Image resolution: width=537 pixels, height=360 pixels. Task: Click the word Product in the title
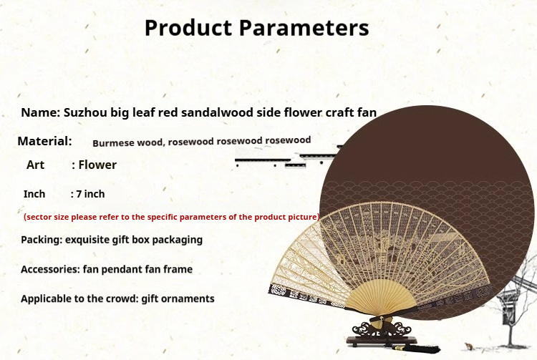(x=188, y=28)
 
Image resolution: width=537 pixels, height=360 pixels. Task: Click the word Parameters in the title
(x=304, y=28)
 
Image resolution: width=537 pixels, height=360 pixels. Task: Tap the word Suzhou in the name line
(x=85, y=112)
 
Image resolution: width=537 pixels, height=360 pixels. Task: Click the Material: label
(x=45, y=141)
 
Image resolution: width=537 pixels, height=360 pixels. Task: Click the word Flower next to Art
(x=97, y=165)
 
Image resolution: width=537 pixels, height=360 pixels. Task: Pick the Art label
(x=35, y=165)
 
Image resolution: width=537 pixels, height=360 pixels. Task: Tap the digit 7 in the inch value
(x=79, y=194)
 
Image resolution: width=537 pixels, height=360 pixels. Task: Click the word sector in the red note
(x=37, y=217)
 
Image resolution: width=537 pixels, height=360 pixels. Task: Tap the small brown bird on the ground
(x=468, y=346)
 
